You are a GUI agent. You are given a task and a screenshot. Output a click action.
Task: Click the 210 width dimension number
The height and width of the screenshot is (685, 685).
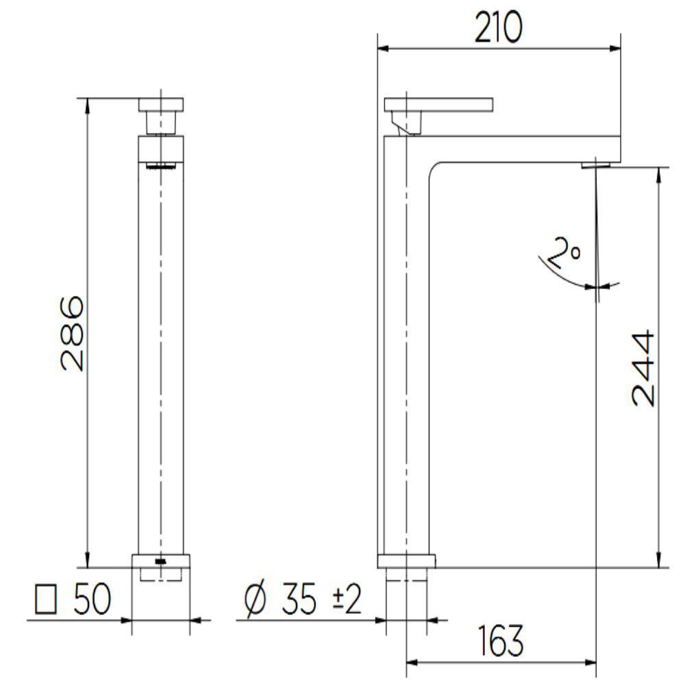[x=498, y=28]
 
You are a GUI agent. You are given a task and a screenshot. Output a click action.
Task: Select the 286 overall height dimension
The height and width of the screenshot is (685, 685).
[x=73, y=334]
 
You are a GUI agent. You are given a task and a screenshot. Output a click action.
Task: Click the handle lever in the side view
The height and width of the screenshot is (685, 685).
[x=438, y=104]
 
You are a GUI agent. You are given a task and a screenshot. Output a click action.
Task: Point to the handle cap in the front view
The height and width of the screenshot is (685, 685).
[x=161, y=105]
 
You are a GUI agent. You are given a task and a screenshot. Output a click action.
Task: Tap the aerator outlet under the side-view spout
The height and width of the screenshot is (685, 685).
[x=595, y=164]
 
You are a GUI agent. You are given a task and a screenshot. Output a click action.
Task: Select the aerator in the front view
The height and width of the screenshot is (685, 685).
[x=161, y=165]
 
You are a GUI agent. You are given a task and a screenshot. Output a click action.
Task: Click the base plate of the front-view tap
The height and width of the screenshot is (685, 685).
[x=161, y=560]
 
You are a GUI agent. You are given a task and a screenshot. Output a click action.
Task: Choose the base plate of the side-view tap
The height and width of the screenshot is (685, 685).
[x=406, y=561]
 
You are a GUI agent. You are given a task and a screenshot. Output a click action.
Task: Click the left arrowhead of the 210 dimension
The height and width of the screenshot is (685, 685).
[x=383, y=49]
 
